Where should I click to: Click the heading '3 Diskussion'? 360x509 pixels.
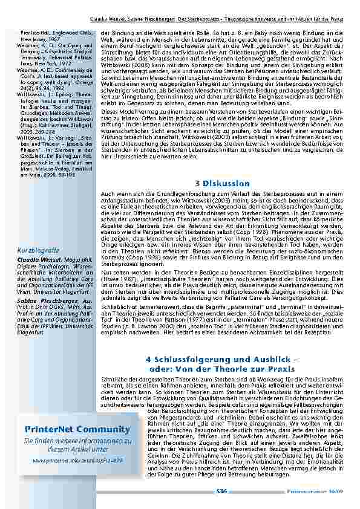tap(223, 183)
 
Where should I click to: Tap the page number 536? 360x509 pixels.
tap(221, 491)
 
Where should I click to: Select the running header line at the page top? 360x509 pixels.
tap(223, 19)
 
